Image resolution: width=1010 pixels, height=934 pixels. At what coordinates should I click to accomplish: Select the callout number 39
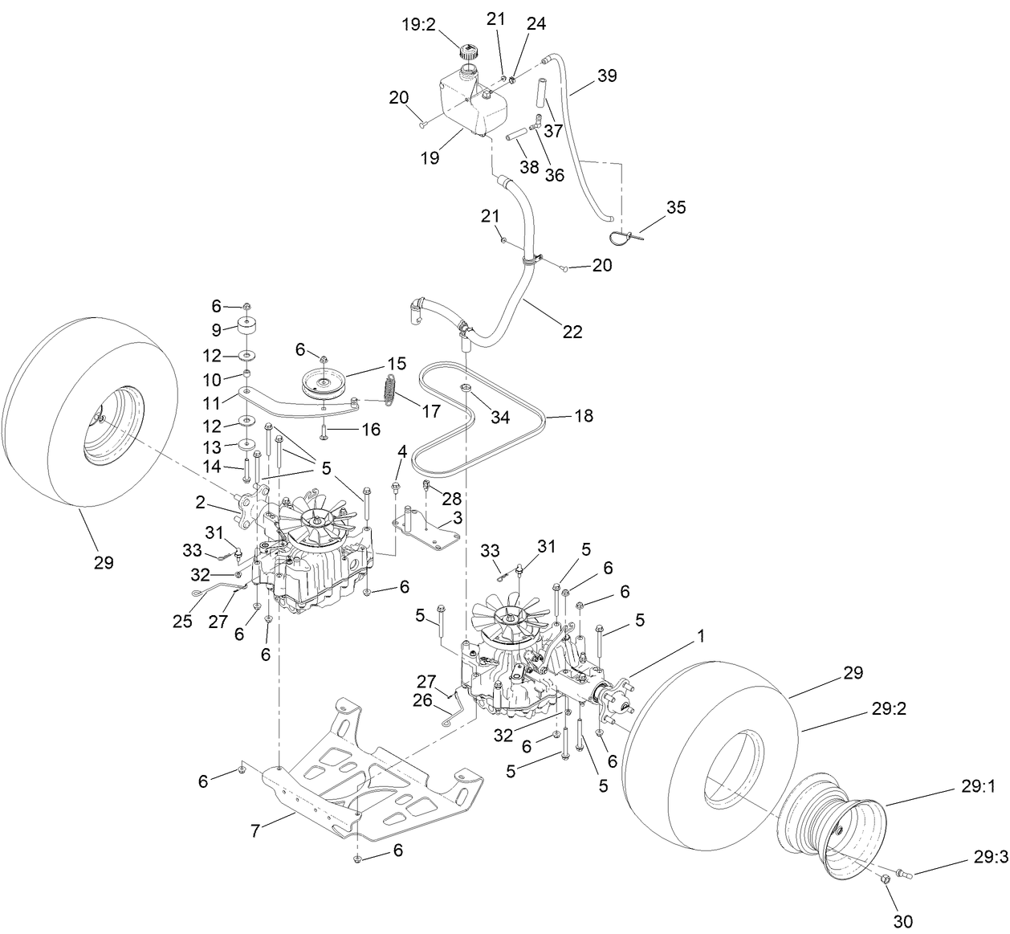coord(607,75)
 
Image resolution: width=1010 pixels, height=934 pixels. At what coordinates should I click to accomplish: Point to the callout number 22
coord(572,330)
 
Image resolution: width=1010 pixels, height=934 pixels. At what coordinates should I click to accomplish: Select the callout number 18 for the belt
coord(584,416)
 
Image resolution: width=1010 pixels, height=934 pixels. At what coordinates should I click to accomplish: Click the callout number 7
coord(255,831)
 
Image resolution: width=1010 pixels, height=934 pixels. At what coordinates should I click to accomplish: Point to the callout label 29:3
coord(991,858)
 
